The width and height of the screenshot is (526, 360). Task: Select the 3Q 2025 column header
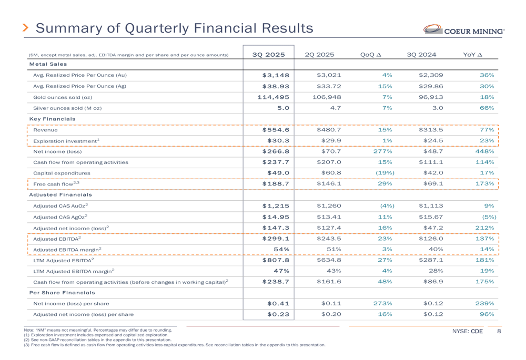pyautogui.click(x=268, y=54)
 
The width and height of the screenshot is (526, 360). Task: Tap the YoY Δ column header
pyautogui.click(x=472, y=54)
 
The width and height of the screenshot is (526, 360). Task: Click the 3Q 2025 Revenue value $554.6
pyautogui.click(x=276, y=130)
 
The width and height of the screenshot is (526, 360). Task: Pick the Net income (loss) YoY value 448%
pyautogui.click(x=483, y=151)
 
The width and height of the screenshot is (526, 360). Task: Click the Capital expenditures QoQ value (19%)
pyautogui.click(x=385, y=172)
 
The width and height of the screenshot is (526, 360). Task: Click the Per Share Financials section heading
pyautogui.click(x=62, y=292)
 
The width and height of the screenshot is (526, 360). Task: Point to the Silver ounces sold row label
pyautogui.click(x=67, y=108)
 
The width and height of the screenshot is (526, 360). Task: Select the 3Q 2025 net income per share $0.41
pyautogui.click(x=278, y=303)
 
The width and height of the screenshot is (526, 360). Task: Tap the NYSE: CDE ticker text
pyautogui.click(x=467, y=332)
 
